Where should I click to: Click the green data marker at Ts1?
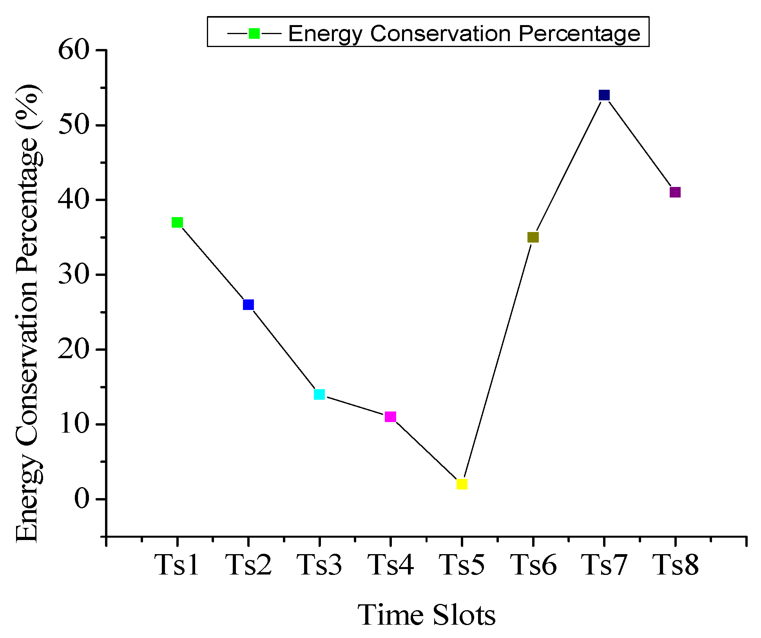pyautogui.click(x=177, y=223)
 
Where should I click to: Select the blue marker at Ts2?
pyautogui.click(x=248, y=304)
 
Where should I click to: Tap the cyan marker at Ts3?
pyautogui.click(x=319, y=394)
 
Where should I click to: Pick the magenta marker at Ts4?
pyautogui.click(x=390, y=417)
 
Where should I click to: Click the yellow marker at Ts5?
pyautogui.click(x=462, y=484)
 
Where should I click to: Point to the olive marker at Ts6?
pyautogui.click(x=533, y=237)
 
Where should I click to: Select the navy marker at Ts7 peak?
pyautogui.click(x=604, y=95)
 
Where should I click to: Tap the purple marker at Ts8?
pyautogui.click(x=675, y=192)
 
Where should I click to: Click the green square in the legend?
pyautogui.click(x=254, y=33)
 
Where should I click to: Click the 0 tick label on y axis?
pyautogui.click(x=82, y=499)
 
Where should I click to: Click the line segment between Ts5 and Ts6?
pyautogui.click(x=498, y=361)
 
